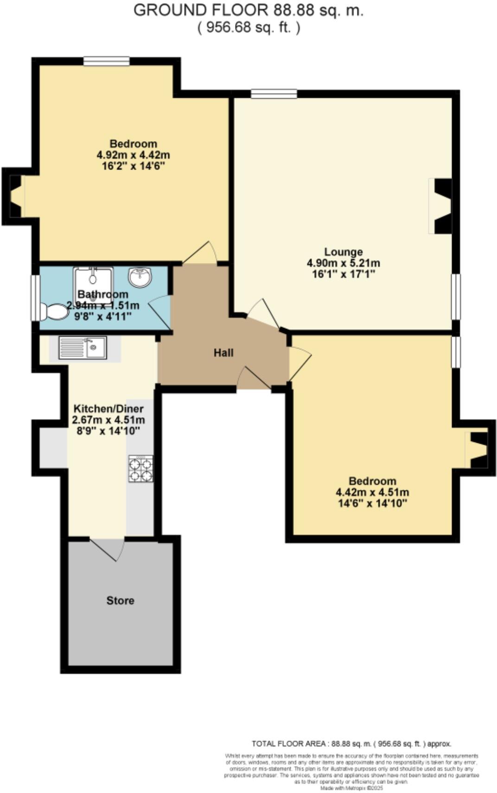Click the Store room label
pos(120,600)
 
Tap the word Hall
pos(223,353)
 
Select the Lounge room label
pos(343,252)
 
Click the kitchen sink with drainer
pos(83,347)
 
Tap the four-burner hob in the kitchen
pos(140,469)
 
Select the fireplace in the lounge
pos(441,206)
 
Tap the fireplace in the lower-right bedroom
pos(478,450)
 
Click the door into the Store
pos(108,548)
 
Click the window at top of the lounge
pos(274,94)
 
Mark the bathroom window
pos(35,298)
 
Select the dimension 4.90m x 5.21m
pos(343,263)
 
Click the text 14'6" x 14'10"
pos(372,503)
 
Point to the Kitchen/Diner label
pos(108,409)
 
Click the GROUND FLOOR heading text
pos(248,10)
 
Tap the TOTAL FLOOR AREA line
pos(351,744)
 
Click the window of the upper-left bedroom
pos(107,61)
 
